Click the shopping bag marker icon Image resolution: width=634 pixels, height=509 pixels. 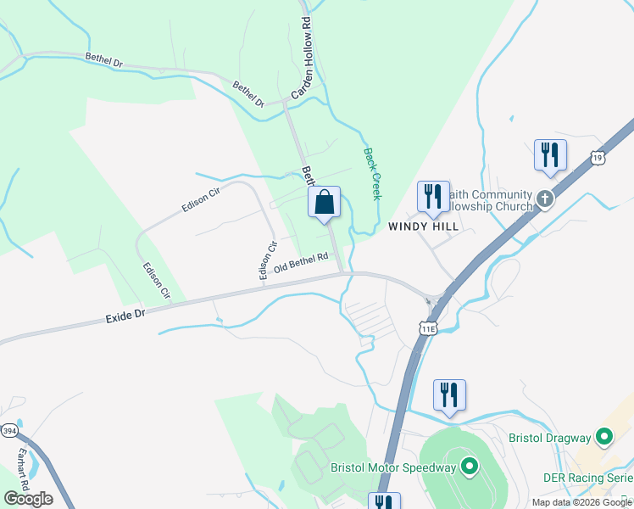[x=324, y=204]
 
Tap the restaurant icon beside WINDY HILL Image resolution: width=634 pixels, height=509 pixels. [x=433, y=196]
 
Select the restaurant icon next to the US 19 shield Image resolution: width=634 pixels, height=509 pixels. [x=550, y=155]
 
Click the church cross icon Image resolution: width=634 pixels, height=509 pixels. [x=544, y=200]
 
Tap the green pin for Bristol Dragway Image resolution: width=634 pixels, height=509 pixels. [x=603, y=438]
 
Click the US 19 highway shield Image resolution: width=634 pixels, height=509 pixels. [x=598, y=158]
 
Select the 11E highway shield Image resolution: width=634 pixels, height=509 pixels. [x=428, y=327]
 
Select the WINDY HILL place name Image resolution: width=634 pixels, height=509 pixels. [x=423, y=227]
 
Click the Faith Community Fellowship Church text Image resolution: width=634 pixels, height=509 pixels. [x=492, y=201]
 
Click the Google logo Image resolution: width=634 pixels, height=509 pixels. [x=28, y=498]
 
